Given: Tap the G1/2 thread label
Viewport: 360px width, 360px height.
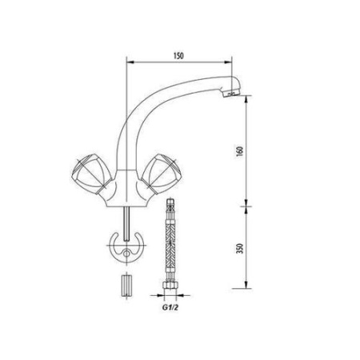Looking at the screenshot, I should (x=170, y=306).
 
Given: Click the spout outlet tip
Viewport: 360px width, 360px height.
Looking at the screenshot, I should (x=231, y=94).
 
